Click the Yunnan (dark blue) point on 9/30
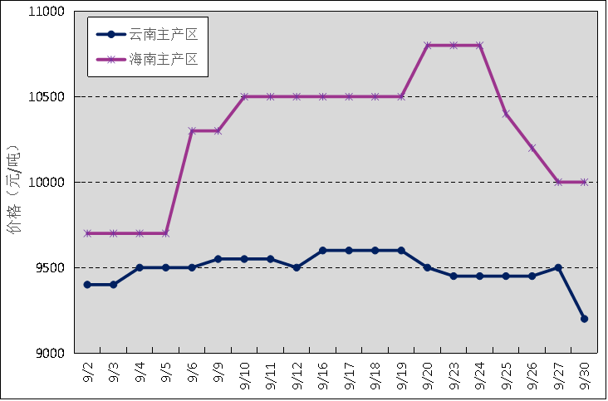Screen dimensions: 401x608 pyautogui.click(x=584, y=319)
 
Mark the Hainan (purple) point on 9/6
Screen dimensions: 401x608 pyautogui.click(x=192, y=131)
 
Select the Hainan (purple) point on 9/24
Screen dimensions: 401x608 pyautogui.click(x=479, y=46)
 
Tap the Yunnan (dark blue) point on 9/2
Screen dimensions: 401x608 pyautogui.click(x=87, y=285)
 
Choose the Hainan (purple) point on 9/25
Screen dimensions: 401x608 pyautogui.click(x=506, y=114)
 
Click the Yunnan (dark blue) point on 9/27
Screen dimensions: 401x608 pyautogui.click(x=558, y=267)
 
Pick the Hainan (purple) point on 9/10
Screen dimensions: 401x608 pyautogui.click(x=244, y=97)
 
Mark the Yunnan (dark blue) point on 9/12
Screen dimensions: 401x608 pyautogui.click(x=297, y=267)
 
